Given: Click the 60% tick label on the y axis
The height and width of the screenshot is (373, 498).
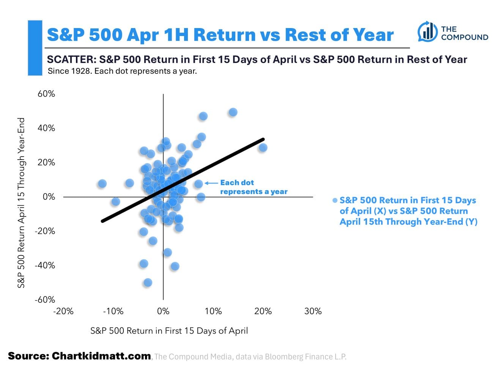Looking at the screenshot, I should pos(46,94).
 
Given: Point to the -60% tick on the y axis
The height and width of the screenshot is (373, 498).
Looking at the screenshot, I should pos(45,299).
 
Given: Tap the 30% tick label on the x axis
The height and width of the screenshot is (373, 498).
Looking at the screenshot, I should pos(313,311).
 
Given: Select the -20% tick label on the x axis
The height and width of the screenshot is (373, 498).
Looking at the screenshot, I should pos(63,311).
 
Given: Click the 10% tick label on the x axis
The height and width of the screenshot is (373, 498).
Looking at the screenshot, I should pos(213,311).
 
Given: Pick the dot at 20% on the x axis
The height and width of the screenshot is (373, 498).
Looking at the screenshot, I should pos(263,147).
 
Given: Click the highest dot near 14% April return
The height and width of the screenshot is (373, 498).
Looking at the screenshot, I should pos(233,112).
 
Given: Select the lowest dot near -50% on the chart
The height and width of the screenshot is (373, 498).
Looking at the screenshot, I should pos(148,282).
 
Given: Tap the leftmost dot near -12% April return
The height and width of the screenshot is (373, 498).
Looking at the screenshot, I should pos(102,183).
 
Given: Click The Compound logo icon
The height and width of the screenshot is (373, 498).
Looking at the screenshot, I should pos(427,32).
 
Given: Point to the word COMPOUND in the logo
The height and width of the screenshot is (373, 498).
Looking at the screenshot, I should pos(464,37).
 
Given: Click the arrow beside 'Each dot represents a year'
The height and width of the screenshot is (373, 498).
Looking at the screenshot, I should pos(211,183).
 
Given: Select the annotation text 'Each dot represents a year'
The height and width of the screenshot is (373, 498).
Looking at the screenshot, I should pos(253,187).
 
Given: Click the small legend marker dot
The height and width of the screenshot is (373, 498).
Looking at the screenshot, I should pos(335,201).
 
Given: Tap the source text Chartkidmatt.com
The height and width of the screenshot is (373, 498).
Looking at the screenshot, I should pos(101,356).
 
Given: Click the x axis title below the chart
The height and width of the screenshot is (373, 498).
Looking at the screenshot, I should pos(169,331).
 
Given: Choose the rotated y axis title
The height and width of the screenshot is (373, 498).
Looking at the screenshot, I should pos(21,202).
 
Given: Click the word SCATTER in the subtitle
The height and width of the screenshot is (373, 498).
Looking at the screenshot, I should pos(70,60).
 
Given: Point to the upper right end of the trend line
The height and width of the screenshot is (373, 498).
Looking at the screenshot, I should pos(263,139).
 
